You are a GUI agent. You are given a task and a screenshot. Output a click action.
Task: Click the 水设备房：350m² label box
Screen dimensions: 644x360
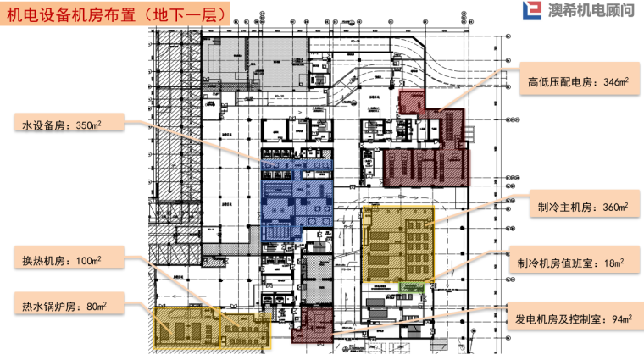69,125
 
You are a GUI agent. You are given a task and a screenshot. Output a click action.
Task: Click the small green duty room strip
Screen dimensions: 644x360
413,287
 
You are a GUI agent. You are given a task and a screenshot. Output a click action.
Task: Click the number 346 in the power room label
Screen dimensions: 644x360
608,84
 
